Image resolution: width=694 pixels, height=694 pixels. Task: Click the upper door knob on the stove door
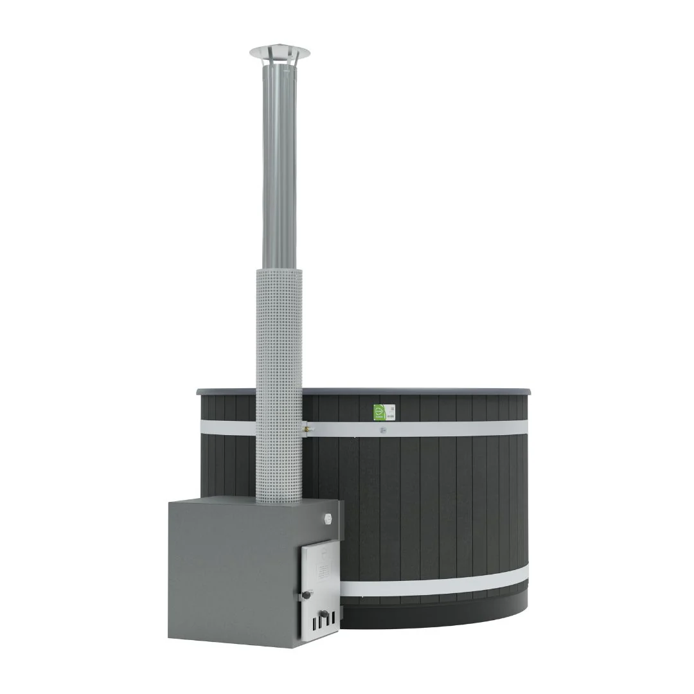pyautogui.click(x=307, y=596)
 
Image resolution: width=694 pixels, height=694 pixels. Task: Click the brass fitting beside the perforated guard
pyautogui.click(x=307, y=425)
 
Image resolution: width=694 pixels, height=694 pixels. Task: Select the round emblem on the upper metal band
pyautogui.click(x=383, y=431)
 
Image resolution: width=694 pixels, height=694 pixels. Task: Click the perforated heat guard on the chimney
pyautogui.click(x=279, y=386)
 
